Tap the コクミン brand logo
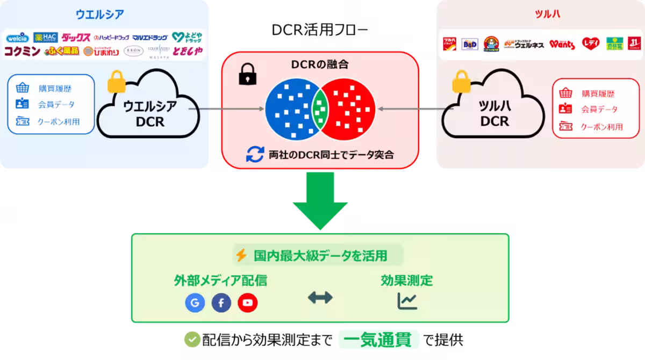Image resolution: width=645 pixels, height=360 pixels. tap(21, 52)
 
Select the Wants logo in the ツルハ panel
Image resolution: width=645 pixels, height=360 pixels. tap(562, 44)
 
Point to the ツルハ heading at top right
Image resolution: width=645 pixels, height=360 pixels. tap(547, 14)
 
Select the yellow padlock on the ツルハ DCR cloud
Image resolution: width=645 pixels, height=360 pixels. tap(461, 82)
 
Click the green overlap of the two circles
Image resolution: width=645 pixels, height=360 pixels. tap(320, 108)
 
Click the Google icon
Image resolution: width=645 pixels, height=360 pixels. tap(195, 303)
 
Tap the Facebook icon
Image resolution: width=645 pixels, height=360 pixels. tap(221, 303)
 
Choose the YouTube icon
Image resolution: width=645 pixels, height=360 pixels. tap(248, 303)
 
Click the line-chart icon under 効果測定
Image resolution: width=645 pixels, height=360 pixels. tap(407, 301)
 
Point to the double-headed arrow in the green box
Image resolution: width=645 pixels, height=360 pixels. tap(320, 298)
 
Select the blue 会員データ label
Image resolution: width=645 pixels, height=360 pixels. tap(56, 104)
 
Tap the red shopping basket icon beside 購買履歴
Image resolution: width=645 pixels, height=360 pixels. tap(565, 93)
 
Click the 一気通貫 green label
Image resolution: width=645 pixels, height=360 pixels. tap(379, 340)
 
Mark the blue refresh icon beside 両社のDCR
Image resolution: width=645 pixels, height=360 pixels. tap(254, 155)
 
